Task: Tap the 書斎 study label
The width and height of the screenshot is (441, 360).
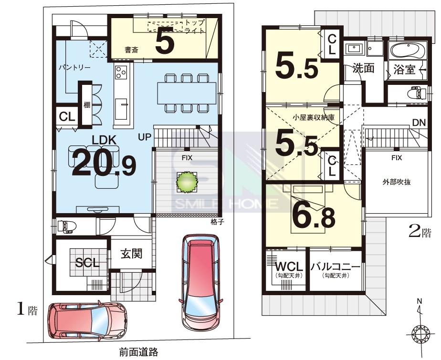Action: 132,50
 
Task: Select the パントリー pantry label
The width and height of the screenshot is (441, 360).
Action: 74,68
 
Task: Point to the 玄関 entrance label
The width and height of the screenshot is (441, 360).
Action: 132,254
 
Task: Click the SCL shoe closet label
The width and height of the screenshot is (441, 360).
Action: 87,263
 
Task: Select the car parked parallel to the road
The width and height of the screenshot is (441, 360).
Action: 87,320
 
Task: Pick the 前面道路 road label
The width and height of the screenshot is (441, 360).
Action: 138,352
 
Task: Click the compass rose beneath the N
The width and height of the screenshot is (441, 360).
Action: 420,334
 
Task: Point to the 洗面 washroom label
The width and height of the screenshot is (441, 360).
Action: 363,68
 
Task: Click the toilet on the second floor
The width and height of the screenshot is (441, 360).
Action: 418,93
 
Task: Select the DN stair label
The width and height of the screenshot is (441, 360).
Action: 419,123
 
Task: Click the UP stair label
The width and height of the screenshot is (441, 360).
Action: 145,137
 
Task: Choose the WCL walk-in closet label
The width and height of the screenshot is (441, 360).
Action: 289,266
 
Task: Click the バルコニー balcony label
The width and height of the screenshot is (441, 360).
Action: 335,266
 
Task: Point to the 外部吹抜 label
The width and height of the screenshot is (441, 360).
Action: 397,182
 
